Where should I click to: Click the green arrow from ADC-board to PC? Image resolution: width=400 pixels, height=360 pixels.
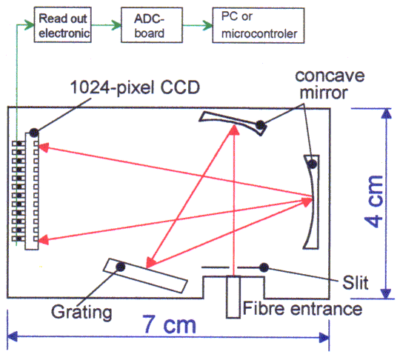(198, 25)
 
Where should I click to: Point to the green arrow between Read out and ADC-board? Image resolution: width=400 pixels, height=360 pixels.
(107, 25)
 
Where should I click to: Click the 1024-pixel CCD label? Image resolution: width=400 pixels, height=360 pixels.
(135, 87)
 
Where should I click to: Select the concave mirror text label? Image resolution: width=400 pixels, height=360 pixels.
(330, 84)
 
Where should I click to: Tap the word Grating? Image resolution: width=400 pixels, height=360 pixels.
(81, 313)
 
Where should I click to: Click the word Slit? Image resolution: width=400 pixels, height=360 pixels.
(356, 283)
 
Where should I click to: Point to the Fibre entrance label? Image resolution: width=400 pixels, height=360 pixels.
(302, 308)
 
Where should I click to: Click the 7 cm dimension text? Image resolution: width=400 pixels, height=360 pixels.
(169, 324)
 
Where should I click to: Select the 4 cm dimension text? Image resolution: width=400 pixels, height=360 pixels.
(374, 201)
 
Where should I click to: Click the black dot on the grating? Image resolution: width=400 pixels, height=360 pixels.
(121, 267)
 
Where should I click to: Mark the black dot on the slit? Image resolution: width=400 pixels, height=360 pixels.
(264, 267)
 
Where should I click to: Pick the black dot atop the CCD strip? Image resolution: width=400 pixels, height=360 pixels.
(34, 133)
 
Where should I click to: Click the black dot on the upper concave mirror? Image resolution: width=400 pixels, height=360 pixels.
(260, 124)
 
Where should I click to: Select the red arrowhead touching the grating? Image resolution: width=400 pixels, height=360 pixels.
(151, 263)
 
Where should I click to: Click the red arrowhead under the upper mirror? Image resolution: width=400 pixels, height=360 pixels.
(234, 130)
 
